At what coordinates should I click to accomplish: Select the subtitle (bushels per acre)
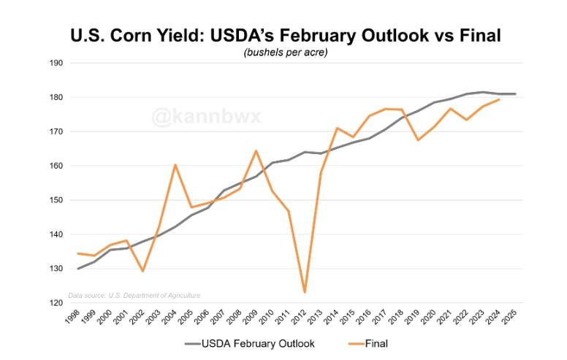pos(285,53)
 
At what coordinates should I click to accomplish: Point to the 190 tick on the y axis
pos(56,64)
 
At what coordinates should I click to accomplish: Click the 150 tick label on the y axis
pos(56,200)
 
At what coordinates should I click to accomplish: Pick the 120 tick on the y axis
pos(56,303)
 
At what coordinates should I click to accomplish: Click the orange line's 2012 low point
pos(304,292)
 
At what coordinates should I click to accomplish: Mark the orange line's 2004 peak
pos(175,164)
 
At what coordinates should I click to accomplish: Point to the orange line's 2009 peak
pos(256,150)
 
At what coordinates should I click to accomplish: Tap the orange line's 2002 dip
pos(142,271)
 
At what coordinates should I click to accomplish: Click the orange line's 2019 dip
pos(417,139)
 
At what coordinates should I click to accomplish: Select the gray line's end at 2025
pos(515,94)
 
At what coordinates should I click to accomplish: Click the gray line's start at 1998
pos(78,269)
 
